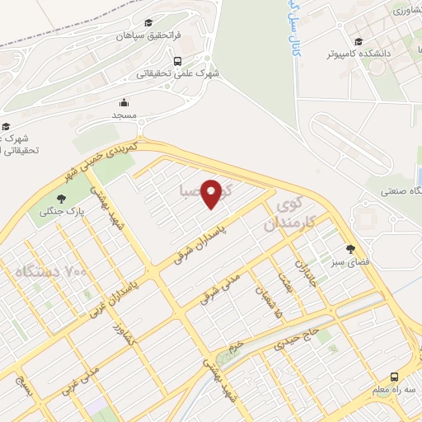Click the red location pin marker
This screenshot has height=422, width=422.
(x=212, y=194)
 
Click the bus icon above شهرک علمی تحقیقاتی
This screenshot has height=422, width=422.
(x=178, y=60)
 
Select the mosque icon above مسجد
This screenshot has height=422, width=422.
(x=124, y=102)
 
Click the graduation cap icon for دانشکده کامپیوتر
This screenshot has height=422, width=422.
(x=359, y=41)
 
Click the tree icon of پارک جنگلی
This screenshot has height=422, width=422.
(x=61, y=198)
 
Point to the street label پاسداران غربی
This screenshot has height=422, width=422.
(x=110, y=293)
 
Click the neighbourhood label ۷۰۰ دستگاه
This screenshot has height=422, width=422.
(x=50, y=270)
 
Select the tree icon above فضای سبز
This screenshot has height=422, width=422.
(x=350, y=248)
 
